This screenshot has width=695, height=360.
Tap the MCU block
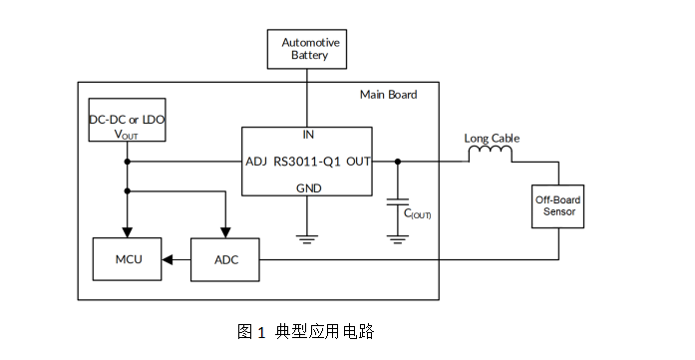point(128,260)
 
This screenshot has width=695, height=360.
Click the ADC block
point(226,260)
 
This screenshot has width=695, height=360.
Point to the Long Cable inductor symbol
point(491,156)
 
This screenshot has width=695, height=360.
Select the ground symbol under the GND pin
point(307,238)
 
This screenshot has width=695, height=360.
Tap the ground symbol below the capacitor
point(398,238)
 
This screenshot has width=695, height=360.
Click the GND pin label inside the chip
point(308,188)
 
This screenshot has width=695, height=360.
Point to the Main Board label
point(388,96)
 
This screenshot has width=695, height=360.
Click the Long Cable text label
point(492,138)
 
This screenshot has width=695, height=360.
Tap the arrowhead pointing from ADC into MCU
point(169,260)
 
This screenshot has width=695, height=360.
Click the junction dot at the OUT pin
point(398,161)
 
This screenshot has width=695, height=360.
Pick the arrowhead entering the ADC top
point(226,232)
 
